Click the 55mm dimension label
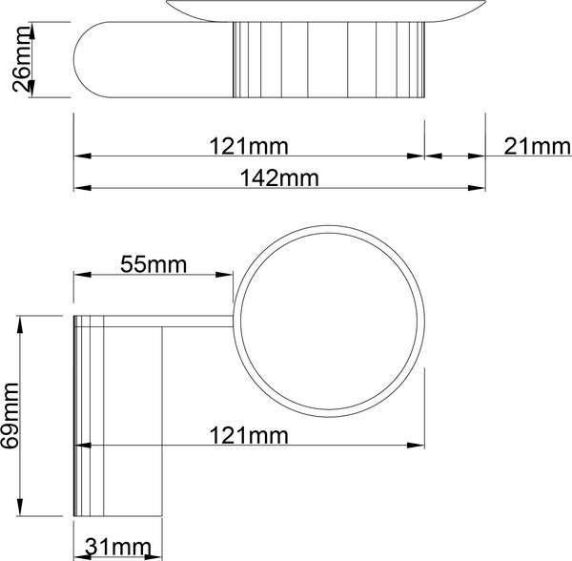pyautogui.click(x=153, y=265)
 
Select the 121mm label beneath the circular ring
pyautogui.click(x=248, y=436)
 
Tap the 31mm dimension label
pyautogui.click(x=118, y=547)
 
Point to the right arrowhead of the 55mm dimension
pyautogui.click(x=226, y=277)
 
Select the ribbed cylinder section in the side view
pyautogui.click(x=329, y=59)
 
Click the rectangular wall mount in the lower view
pyautogui.click(x=118, y=420)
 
